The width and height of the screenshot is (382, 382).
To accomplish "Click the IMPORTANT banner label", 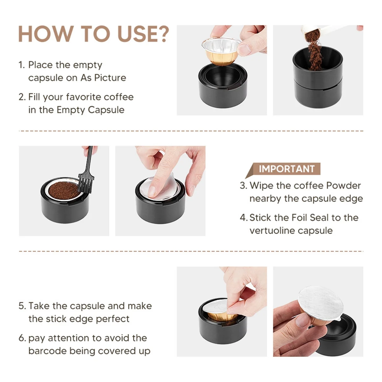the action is [286, 169].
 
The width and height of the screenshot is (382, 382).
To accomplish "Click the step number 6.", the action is [22, 338].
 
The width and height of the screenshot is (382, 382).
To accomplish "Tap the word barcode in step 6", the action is [47, 351].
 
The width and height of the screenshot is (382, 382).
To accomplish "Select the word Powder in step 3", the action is [343, 186].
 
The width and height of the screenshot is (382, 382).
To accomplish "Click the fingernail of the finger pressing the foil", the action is [152, 191].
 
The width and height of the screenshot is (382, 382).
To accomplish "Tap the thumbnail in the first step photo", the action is [244, 49].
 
